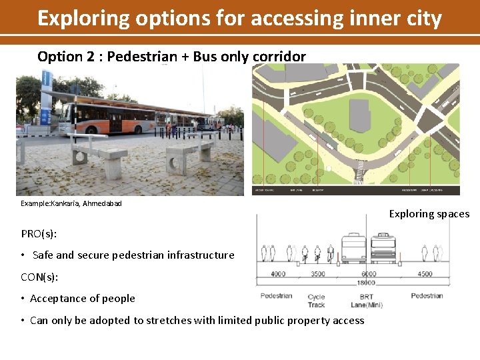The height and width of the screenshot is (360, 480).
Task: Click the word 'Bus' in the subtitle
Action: pyautogui.click(x=205, y=56)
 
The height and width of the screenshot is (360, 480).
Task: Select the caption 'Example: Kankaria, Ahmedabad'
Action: pyautogui.click(x=71, y=203)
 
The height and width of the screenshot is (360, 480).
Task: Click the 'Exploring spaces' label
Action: pyautogui.click(x=429, y=214)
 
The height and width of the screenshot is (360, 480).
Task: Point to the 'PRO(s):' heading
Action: pyautogui.click(x=39, y=233)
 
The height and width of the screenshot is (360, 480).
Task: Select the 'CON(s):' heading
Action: pyautogui.click(x=40, y=277)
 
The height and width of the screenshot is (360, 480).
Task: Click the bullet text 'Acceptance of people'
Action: pyautogui.click(x=83, y=299)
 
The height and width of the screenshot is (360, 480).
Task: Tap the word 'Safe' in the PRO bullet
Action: pyautogui.click(x=43, y=255)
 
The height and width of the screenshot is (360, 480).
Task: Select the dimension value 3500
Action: pyautogui.click(x=318, y=273)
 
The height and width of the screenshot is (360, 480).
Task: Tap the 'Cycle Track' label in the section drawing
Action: pyautogui.click(x=317, y=301)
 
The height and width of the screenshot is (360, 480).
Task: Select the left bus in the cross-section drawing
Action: pyautogui.click(x=353, y=249)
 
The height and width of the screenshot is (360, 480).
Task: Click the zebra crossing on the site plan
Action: pyautogui.click(x=359, y=175)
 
